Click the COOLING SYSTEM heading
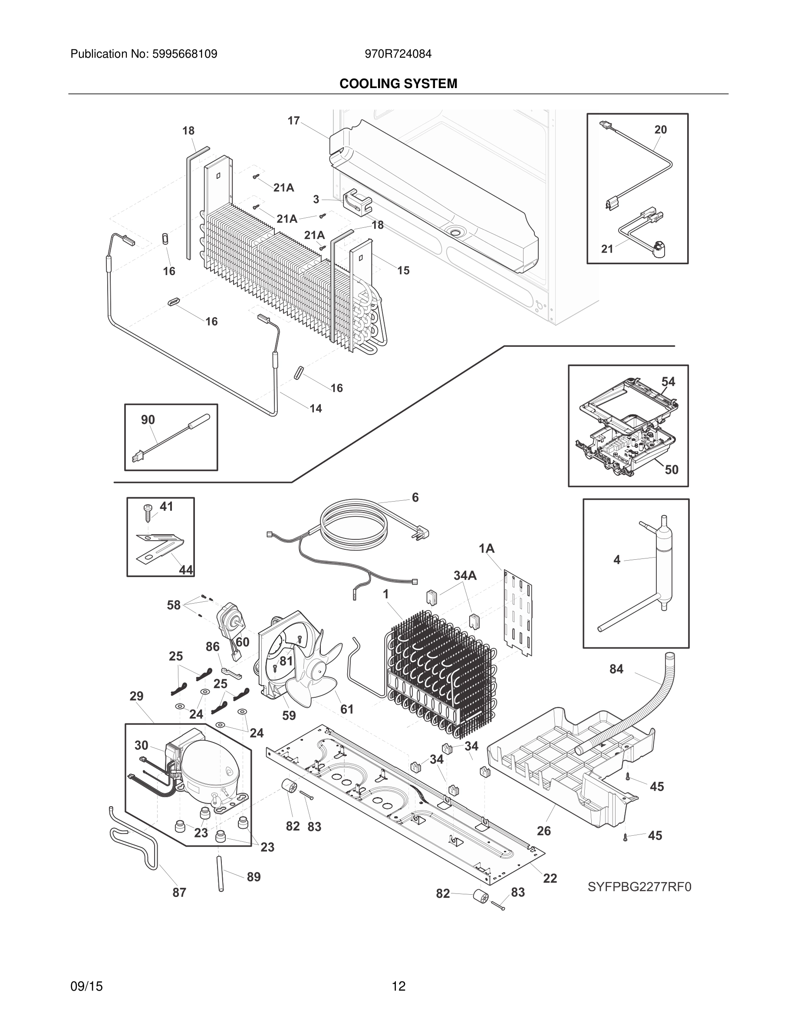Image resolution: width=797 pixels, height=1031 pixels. tap(398, 84)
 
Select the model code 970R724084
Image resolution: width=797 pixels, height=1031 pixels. tap(398, 54)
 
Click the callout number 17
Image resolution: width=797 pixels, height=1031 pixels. tap(294, 121)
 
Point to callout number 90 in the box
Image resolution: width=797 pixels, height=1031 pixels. tap(148, 420)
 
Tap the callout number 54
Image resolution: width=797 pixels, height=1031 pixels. tap(668, 381)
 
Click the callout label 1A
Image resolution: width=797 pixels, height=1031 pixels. tap(486, 548)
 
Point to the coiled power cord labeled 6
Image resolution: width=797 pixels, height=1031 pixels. tap(354, 522)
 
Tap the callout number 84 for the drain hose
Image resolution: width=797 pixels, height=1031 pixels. tap(616, 669)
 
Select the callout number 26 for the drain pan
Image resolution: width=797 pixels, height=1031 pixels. tap(544, 831)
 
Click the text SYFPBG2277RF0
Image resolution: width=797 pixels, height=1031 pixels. tap(639, 887)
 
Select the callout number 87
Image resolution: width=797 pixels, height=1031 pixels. tap(179, 892)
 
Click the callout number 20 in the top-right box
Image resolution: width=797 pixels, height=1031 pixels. tap(661, 129)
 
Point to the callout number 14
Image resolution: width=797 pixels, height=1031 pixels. tap(316, 408)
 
